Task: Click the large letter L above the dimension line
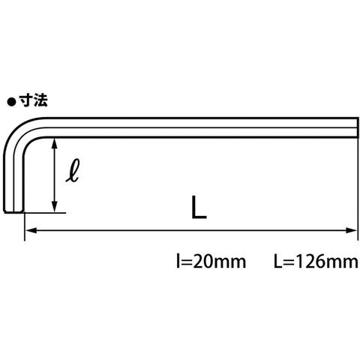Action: click(x=199, y=207)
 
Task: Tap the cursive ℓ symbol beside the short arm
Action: click(x=73, y=170)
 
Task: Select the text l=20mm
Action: click(x=211, y=261)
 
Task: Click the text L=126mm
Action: click(x=316, y=261)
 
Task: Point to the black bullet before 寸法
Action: click(x=11, y=102)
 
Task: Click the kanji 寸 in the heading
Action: click(x=26, y=101)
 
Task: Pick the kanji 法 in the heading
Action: click(x=40, y=101)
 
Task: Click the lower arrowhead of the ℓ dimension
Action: click(x=55, y=208)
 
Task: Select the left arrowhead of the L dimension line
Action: click(x=31, y=230)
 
